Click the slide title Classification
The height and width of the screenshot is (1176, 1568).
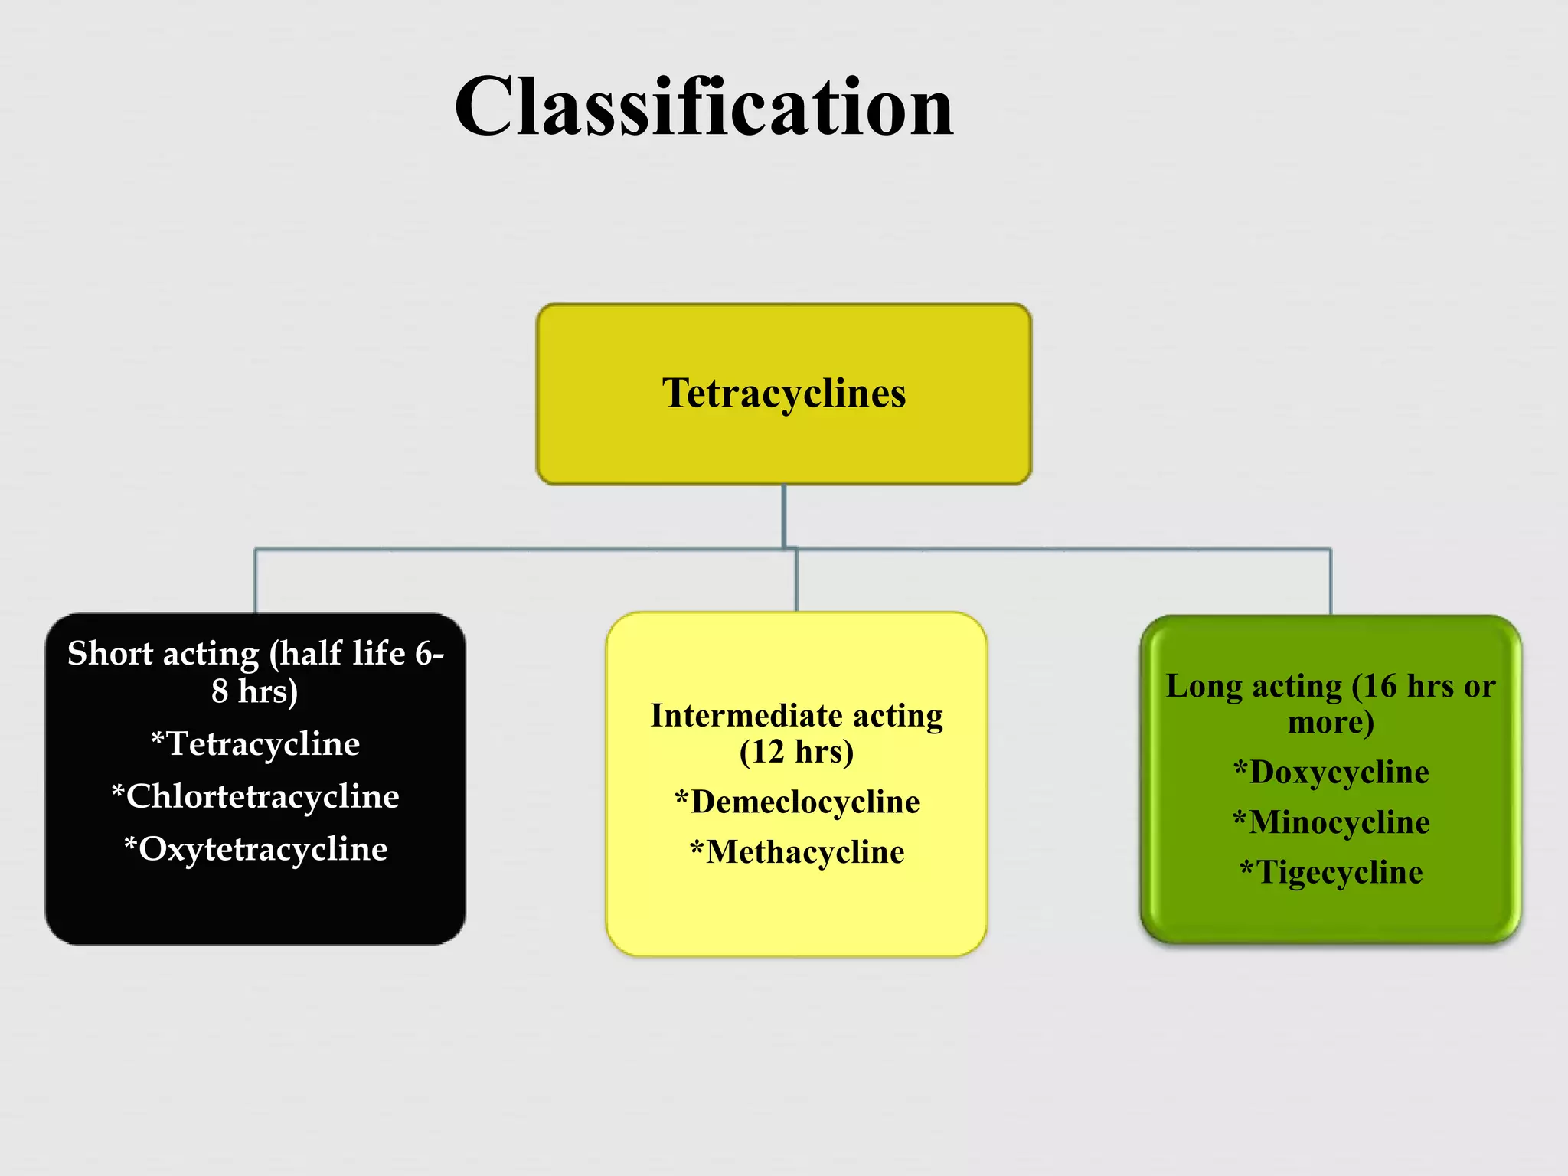click(704, 107)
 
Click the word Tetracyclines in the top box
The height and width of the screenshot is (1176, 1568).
click(784, 394)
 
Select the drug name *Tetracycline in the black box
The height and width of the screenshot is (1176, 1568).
click(256, 744)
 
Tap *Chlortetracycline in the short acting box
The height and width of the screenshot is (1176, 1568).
click(256, 797)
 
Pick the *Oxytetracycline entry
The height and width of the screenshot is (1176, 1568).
click(256, 849)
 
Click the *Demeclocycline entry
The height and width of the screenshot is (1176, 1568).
click(797, 802)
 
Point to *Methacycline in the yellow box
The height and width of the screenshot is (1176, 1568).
click(797, 852)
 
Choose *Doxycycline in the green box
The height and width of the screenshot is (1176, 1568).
click(1331, 772)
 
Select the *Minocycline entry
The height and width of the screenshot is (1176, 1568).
click(1331, 822)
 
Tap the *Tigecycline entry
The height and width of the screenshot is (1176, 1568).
click(1331, 873)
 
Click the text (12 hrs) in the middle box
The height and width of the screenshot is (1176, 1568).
click(796, 752)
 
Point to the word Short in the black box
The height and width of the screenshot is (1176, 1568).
click(110, 654)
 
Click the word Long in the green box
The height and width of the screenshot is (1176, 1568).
click(1204, 687)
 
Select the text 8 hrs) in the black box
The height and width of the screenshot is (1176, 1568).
click(255, 691)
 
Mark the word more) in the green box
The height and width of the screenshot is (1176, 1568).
click(1331, 723)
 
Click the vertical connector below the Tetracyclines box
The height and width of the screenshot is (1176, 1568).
click(784, 515)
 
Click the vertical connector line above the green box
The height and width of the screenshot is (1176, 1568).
click(1331, 582)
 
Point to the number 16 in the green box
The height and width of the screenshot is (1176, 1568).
click(1380, 687)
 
